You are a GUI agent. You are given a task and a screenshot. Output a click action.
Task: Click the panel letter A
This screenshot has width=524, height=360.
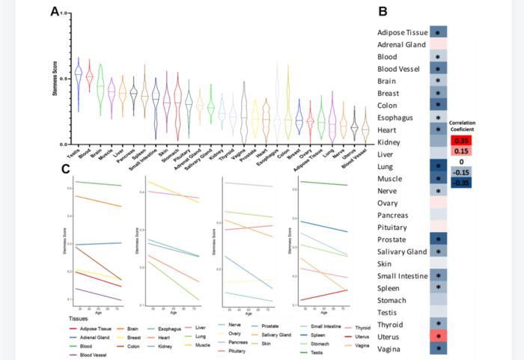click(x=55, y=12)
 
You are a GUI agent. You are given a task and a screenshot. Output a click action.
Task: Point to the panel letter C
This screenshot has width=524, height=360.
click(x=66, y=169)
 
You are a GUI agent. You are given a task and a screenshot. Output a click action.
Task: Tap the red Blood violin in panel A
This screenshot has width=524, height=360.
click(x=90, y=77)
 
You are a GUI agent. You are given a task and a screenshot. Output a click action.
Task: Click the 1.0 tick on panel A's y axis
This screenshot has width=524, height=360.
click(x=65, y=13)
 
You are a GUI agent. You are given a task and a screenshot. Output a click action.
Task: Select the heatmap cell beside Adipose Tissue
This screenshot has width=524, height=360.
click(x=438, y=33)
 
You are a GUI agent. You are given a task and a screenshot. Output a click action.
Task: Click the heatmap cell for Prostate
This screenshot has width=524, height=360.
click(x=438, y=239)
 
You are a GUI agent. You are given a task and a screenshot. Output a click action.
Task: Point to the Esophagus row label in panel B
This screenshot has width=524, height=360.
click(x=398, y=118)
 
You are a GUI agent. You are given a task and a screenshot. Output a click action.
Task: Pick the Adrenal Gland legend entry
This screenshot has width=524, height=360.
click(x=93, y=336)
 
